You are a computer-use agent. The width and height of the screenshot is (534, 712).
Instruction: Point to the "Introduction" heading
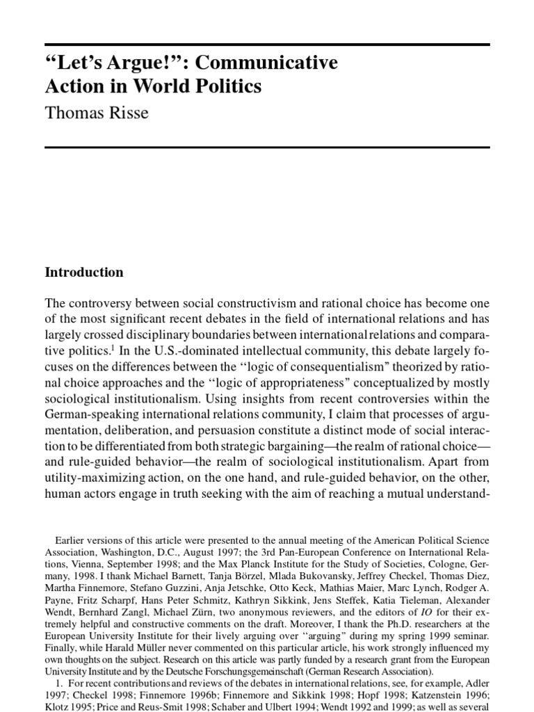click(x=84, y=273)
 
